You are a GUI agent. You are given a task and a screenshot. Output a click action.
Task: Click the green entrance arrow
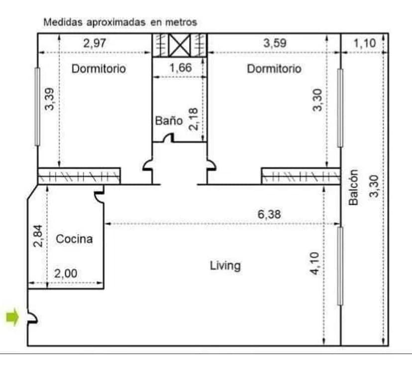[12, 317]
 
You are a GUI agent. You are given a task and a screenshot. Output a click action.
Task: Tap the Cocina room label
[74, 239]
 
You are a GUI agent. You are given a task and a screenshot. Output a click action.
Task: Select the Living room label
[225, 265]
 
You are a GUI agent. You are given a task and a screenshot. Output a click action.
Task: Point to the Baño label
[169, 121]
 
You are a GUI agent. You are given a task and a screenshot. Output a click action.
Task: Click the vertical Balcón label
[353, 187]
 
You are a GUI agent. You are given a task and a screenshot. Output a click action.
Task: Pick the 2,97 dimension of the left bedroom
[95, 43]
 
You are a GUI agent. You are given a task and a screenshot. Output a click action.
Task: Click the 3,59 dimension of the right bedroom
[275, 43]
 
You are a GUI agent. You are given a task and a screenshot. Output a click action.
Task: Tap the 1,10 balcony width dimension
[365, 43]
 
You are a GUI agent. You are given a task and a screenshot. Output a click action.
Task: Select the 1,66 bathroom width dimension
[181, 68]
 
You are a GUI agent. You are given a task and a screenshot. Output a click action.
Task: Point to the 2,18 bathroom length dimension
[194, 119]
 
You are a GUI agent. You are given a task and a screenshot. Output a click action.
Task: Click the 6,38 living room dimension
[269, 214]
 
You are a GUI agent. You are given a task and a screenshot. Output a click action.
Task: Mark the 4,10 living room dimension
[315, 263]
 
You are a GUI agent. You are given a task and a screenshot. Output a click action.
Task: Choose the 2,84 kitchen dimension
[38, 236]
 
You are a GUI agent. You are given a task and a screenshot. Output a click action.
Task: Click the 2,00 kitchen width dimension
[66, 273]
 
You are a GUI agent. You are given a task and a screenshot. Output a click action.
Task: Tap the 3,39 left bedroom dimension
[49, 99]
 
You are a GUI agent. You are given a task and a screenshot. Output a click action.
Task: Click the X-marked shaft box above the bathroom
[180, 45]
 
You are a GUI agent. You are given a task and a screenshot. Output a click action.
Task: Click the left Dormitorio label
[99, 69]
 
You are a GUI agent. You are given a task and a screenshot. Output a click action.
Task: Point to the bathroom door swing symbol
[169, 138]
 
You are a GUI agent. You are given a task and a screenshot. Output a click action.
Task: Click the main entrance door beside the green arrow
[33, 318]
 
